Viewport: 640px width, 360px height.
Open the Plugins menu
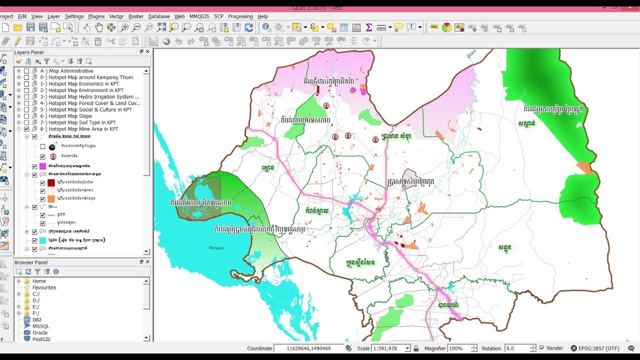(96, 16)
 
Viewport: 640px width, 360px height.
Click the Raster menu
(135, 16)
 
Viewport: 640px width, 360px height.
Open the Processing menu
(240, 16)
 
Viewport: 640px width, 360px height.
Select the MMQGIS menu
(199, 16)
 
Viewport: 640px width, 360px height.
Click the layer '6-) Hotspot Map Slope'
(70, 116)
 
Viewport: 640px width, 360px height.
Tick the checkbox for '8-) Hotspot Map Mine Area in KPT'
(27, 129)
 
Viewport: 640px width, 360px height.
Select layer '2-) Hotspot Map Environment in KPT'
(85, 90)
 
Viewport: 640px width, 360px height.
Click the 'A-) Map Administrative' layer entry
(70, 71)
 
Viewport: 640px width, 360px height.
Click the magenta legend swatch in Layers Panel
(42, 166)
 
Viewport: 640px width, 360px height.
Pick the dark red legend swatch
(50, 182)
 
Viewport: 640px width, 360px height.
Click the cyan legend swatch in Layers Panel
(42, 240)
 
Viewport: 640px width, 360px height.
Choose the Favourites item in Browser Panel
(44, 287)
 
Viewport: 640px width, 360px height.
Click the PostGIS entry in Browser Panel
(41, 339)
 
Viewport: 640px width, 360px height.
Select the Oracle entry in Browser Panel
(40, 332)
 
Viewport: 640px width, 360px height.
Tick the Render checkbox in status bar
(542, 348)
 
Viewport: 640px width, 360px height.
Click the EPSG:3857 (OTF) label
(598, 348)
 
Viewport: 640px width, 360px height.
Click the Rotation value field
(517, 348)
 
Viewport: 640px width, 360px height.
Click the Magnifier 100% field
(460, 348)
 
